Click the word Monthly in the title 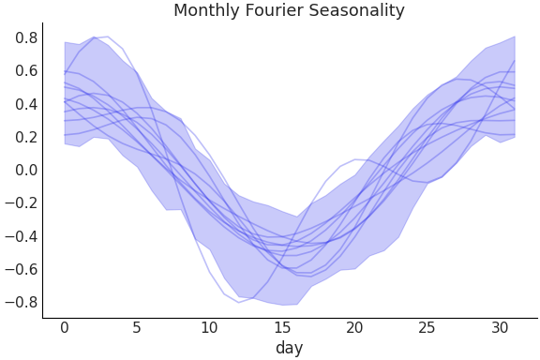tap(206, 11)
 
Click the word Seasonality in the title tap(357, 11)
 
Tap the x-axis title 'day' tap(289, 348)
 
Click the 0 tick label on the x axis tap(65, 327)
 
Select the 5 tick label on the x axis tap(137, 327)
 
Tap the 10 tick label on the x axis tap(209, 327)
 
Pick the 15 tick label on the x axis tap(282, 327)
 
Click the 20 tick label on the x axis tap(354, 327)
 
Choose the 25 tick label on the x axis tap(427, 327)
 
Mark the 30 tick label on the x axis tap(500, 327)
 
